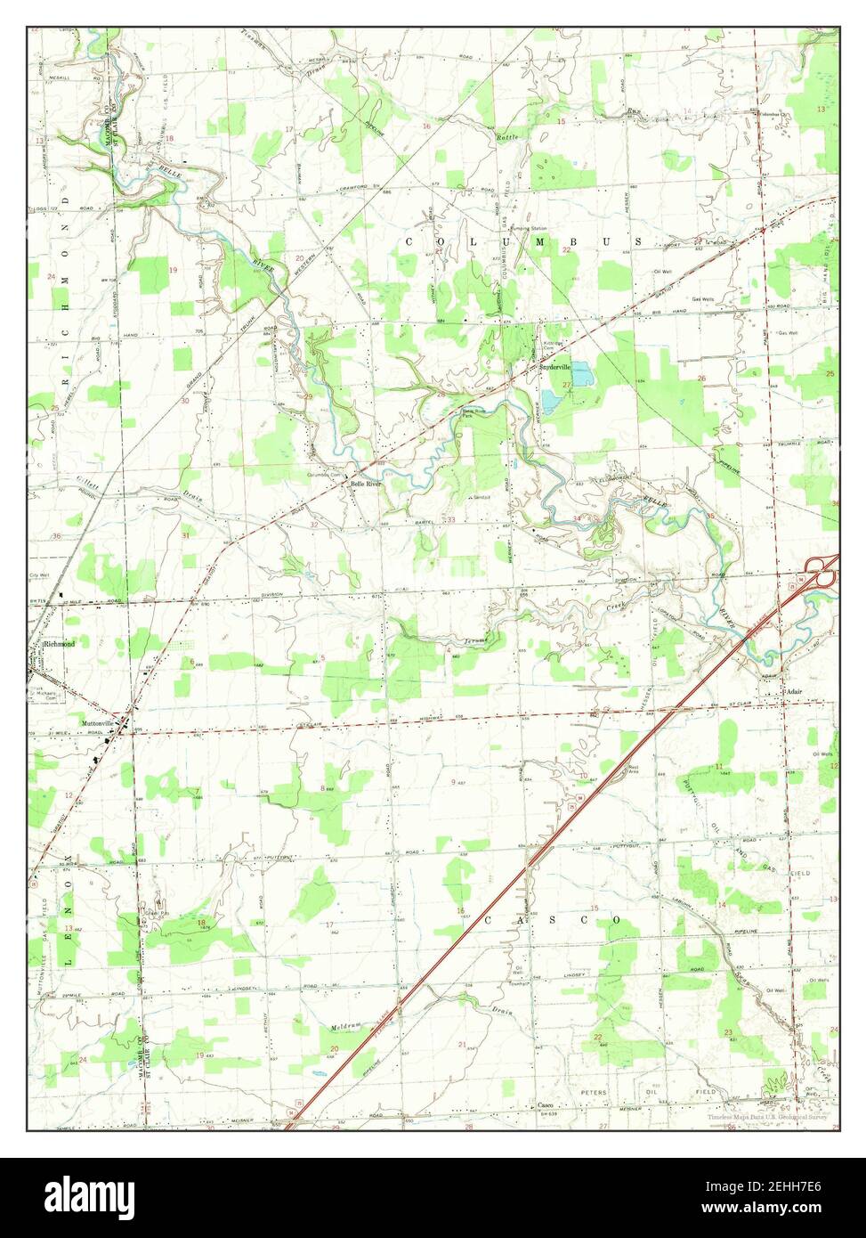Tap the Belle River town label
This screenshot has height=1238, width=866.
pos(367,484)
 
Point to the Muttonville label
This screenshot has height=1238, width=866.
pos(99,723)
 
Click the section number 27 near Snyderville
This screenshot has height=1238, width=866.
pos(567,384)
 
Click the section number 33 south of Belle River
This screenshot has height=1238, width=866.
pos(451,519)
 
